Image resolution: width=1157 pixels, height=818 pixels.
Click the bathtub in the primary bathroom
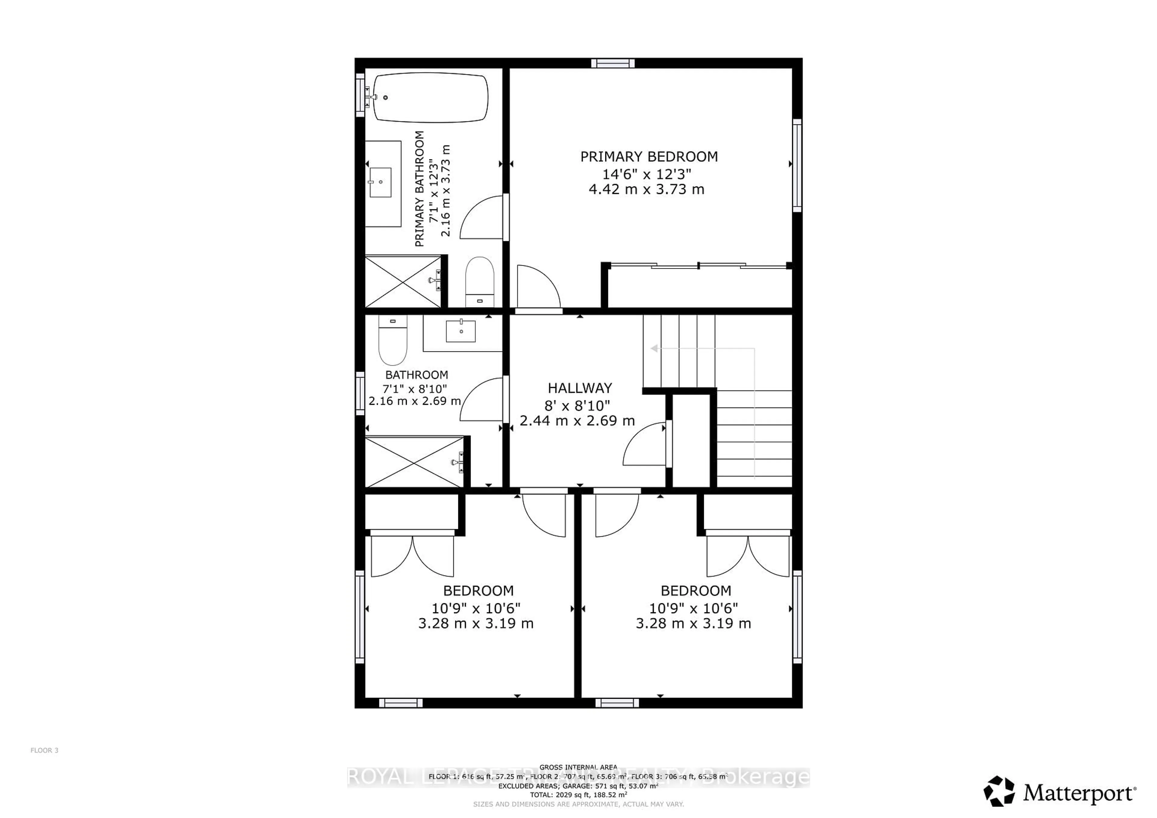click(431, 98)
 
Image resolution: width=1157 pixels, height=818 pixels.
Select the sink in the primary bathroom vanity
click(381, 182)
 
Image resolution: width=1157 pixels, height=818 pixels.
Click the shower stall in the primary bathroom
click(403, 281)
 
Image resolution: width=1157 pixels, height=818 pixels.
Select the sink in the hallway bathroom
click(461, 331)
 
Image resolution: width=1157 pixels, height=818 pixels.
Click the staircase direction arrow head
click(654, 348)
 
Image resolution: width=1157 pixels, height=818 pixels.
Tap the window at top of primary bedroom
click(613, 63)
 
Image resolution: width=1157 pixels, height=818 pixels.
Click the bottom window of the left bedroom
click(401, 703)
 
